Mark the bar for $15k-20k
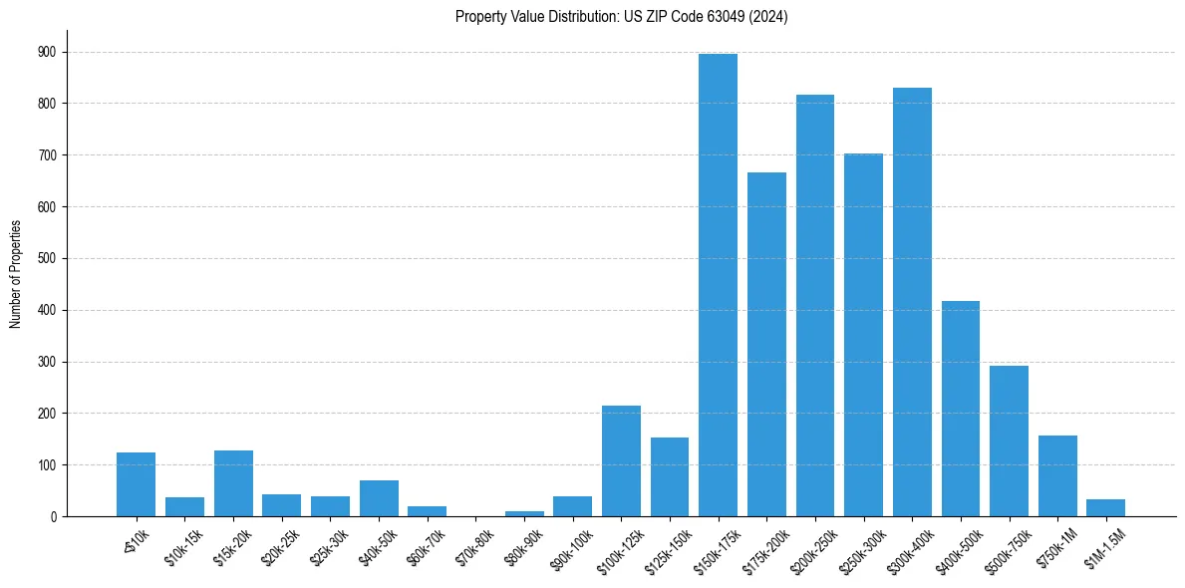233,483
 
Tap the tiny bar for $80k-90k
524,513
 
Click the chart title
621,17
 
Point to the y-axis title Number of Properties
15,274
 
